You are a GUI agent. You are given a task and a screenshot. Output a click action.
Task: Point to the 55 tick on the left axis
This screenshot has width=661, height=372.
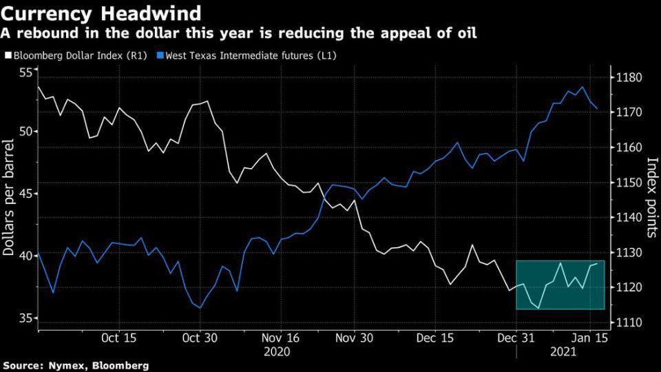[x=25, y=73]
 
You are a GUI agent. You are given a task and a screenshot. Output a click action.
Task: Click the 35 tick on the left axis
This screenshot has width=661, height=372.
[x=25, y=318]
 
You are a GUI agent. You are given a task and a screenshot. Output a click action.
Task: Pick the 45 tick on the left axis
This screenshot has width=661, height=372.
[x=25, y=194]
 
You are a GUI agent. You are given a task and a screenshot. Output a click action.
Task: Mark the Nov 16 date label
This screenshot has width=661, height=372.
[x=281, y=339]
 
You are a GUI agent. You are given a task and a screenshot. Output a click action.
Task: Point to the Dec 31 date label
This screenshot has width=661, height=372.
[x=516, y=339]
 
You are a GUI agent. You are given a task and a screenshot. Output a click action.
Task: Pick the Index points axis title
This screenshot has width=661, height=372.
[x=651, y=197]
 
